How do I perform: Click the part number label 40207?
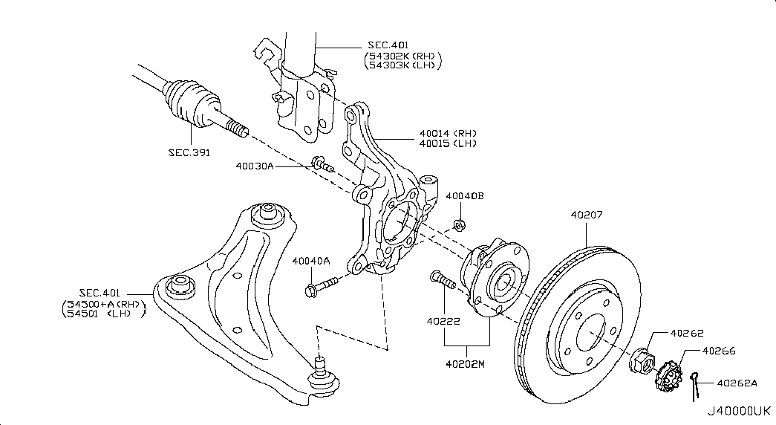587,216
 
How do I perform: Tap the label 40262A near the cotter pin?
737,383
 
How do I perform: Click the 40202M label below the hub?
466,364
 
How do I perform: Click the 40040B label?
465,196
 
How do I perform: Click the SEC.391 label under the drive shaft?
189,152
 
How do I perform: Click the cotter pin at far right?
696,385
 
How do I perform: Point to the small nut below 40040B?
459,223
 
